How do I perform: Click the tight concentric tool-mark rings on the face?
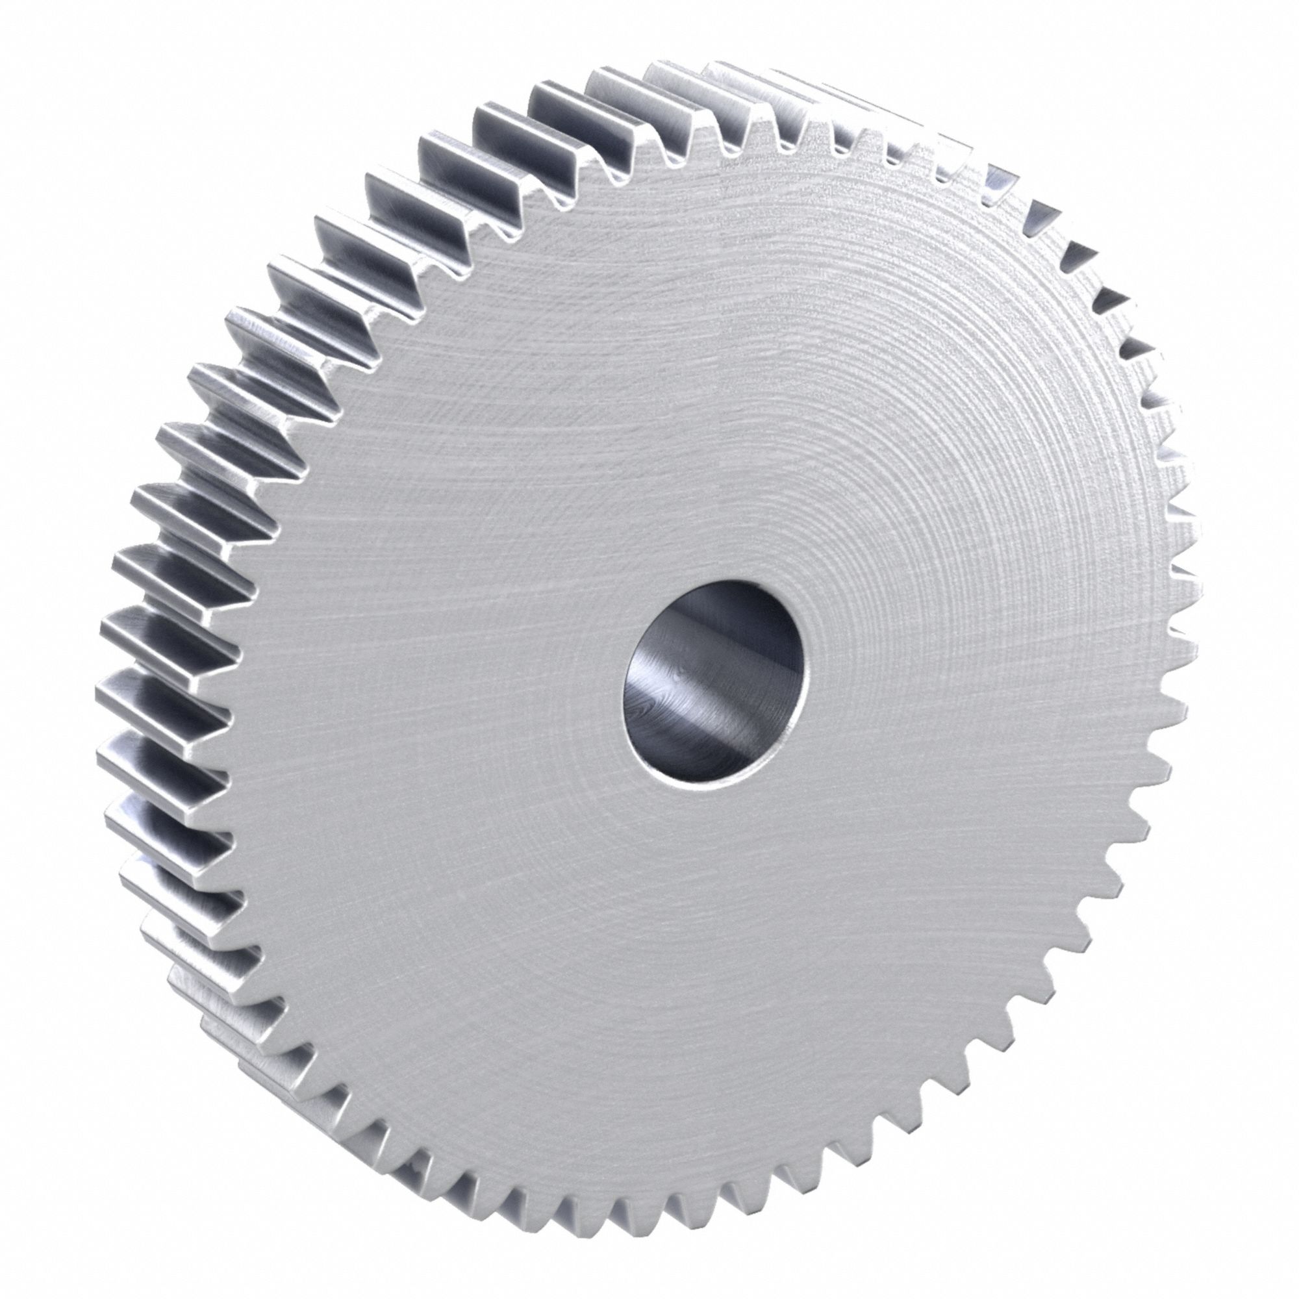874,471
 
